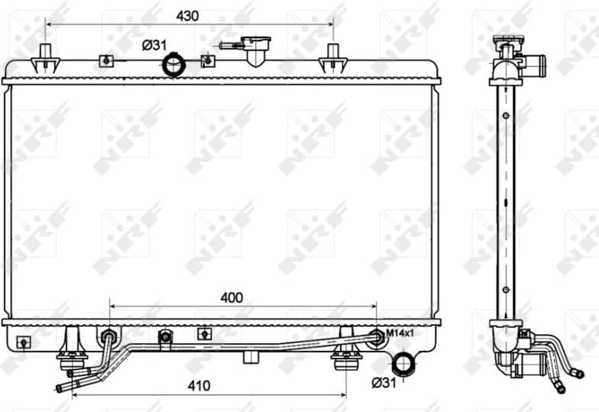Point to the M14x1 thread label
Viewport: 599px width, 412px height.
(x=399, y=333)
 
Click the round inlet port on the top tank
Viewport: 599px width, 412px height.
(x=174, y=66)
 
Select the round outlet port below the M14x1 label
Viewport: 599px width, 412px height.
(x=403, y=362)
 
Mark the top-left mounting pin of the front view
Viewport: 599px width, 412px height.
(x=47, y=57)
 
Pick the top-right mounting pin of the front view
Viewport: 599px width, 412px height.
(x=332, y=57)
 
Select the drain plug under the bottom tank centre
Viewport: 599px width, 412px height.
(x=251, y=357)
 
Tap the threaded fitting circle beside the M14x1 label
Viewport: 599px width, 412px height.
(x=375, y=336)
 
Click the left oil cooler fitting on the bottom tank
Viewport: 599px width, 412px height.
(x=108, y=337)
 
